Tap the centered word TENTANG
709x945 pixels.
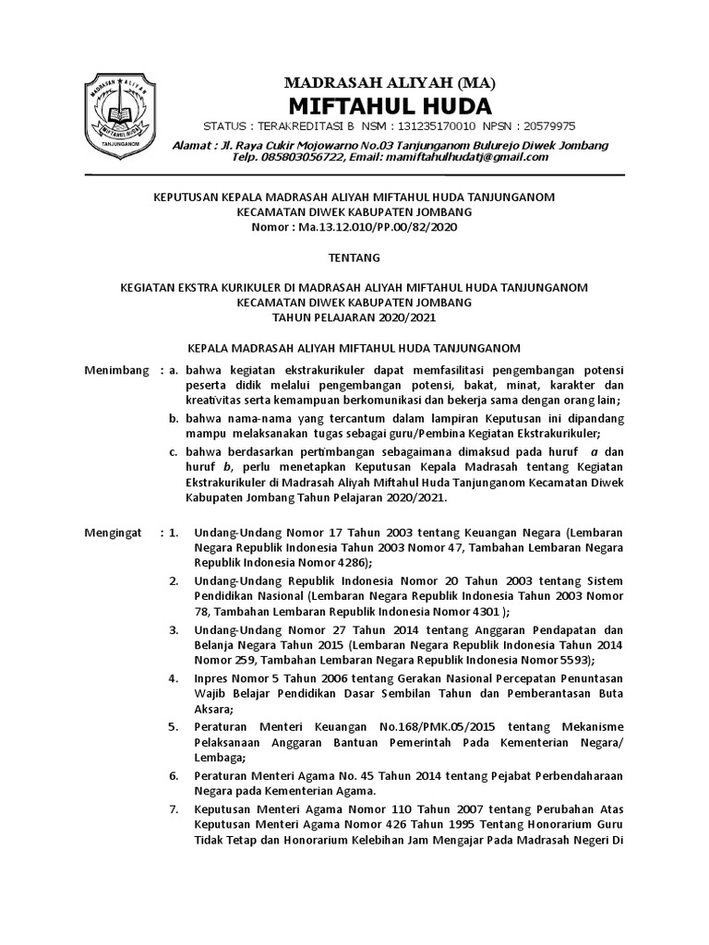354,257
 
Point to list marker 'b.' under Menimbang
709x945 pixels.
174,420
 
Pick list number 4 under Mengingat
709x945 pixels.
173,678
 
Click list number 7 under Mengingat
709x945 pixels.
173,808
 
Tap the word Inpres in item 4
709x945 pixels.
211,678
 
